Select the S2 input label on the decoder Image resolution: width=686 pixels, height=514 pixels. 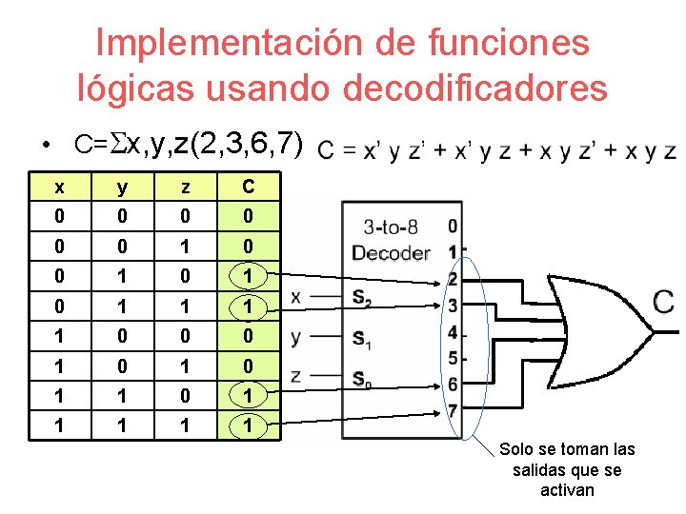361,298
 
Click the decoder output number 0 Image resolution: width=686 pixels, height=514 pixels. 452,227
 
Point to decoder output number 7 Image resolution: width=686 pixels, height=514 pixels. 452,411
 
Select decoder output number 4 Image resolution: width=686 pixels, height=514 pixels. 452,333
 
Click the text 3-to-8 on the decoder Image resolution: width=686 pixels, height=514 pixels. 390,227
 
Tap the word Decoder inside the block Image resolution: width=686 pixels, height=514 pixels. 390,252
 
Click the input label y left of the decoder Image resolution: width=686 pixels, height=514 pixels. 295,337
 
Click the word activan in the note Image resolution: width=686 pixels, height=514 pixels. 567,490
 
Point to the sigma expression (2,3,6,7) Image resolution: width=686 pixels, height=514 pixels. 247,146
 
